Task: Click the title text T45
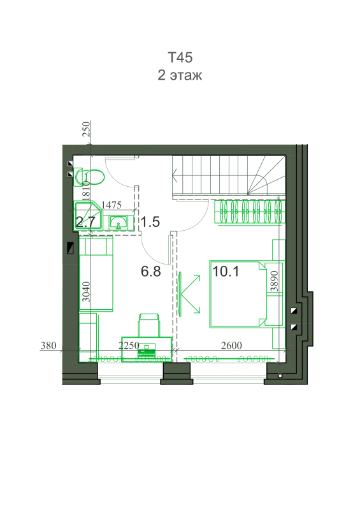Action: pyautogui.click(x=180, y=57)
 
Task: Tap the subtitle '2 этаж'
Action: pyautogui.click(x=180, y=75)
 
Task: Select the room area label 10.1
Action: pyautogui.click(x=226, y=271)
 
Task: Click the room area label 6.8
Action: pyautogui.click(x=151, y=271)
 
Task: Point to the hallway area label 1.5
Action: pyautogui.click(x=150, y=222)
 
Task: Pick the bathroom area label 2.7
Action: pyautogui.click(x=85, y=222)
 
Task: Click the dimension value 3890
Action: pyautogui.click(x=275, y=281)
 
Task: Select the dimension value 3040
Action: pyautogui.click(x=86, y=291)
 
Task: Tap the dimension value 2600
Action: pyautogui.click(x=231, y=345)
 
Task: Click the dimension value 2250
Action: pyautogui.click(x=129, y=345)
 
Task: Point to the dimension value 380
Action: pyautogui.click(x=48, y=345)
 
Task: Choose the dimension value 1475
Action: pyautogui.click(x=112, y=205)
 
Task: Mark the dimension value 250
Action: pyautogui.click(x=86, y=129)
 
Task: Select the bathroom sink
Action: pyautogui.click(x=119, y=222)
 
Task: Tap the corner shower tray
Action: pyautogui.click(x=88, y=216)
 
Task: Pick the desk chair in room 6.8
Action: pyautogui.click(x=149, y=325)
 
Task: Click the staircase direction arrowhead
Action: pyautogui.click(x=176, y=177)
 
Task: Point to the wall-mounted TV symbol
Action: pyautogui.click(x=180, y=294)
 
